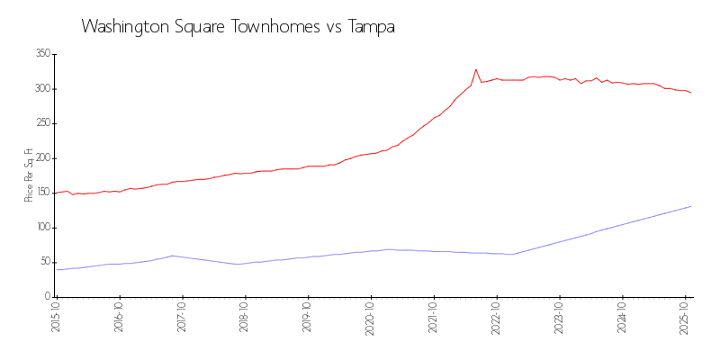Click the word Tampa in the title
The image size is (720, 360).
point(370,27)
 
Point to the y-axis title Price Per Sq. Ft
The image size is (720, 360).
point(29,175)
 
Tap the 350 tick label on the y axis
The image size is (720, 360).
point(41,54)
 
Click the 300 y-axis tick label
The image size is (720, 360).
point(41,89)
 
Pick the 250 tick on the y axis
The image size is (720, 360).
point(41,123)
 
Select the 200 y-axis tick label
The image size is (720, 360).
point(41,158)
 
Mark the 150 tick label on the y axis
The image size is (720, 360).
point(41,193)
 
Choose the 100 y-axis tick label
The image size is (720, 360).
point(41,228)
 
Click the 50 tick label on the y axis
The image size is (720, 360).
point(43,262)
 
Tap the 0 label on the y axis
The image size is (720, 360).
point(46,297)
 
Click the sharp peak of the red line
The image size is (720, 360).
point(476,69)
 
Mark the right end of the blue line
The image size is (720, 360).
point(690,207)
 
